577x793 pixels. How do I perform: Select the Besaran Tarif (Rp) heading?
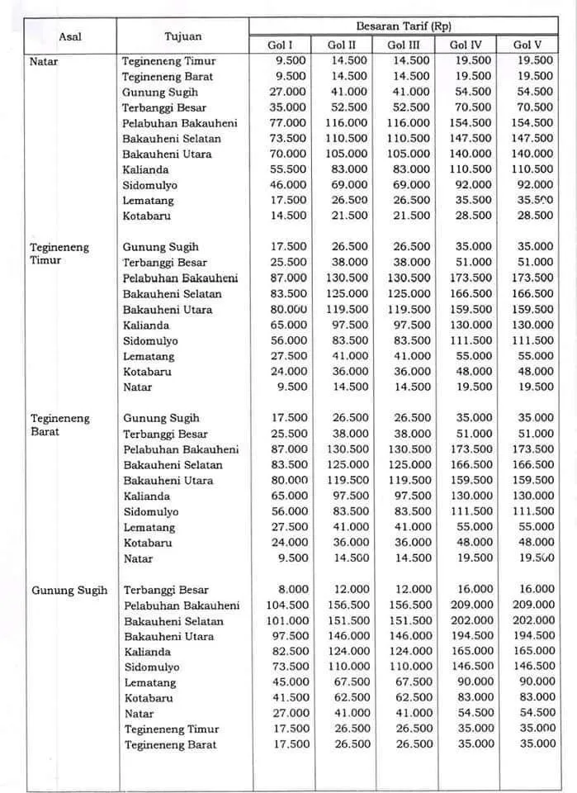pos(403,26)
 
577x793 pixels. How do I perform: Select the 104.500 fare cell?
pos(286,605)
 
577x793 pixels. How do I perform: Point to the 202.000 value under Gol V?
pos(533,620)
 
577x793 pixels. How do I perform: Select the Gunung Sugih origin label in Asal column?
pos(69,590)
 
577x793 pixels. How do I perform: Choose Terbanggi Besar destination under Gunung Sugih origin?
pos(165,590)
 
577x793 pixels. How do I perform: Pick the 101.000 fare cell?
pos(286,620)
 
